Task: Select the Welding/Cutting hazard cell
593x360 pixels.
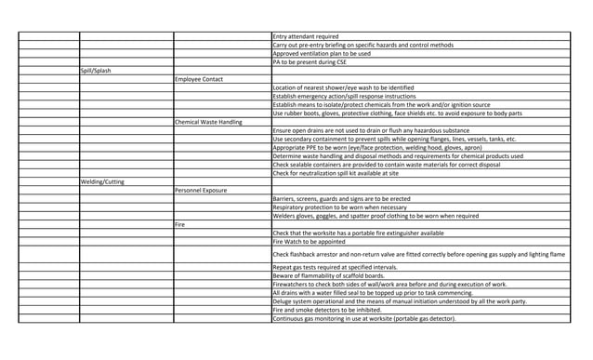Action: point(101,181)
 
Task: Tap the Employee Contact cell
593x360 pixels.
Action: point(198,78)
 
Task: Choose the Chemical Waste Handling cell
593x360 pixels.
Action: point(208,121)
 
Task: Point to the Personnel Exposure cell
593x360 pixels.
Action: point(204,190)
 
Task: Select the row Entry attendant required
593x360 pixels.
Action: point(306,36)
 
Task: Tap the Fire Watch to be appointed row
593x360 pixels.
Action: point(311,241)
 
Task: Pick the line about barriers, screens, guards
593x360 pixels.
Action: point(345,198)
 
